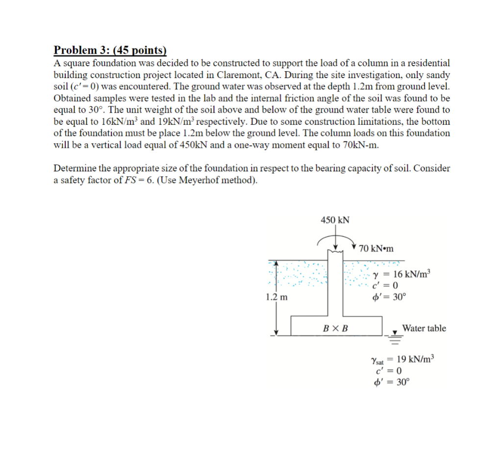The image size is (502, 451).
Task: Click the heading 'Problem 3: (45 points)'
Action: click(110, 50)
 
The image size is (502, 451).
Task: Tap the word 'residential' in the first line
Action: click(426, 63)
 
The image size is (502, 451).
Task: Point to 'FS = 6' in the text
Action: click(126, 180)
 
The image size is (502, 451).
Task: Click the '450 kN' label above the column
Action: click(335, 220)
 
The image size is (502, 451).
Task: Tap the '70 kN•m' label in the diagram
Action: click(376, 248)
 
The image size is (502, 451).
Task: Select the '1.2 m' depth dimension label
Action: click(276, 297)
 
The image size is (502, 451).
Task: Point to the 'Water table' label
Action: click(424, 328)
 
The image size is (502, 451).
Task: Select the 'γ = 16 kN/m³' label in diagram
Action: click(401, 274)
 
